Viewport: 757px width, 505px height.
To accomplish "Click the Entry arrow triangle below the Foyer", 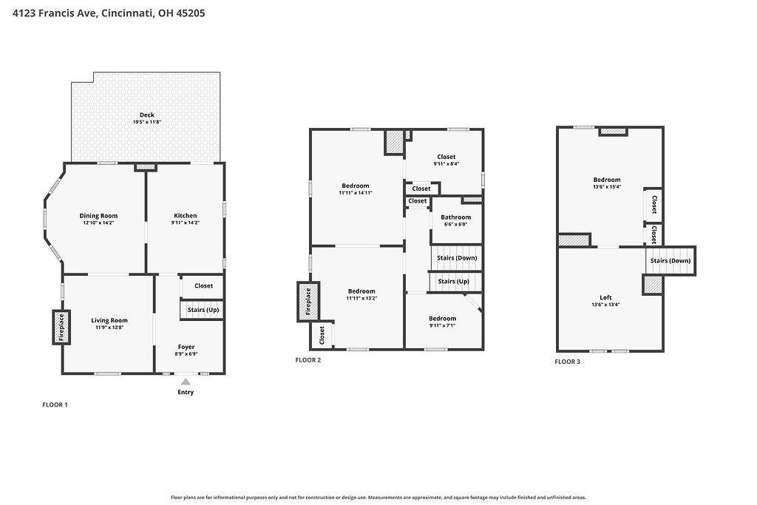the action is pos(186,382).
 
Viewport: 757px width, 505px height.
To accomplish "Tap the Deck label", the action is pos(147,115).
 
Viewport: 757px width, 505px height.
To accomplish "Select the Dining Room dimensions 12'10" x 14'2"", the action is pos(98,223).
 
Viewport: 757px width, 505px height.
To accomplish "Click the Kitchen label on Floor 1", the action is pos(186,216).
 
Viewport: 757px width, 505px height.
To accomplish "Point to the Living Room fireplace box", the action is pos(61,328).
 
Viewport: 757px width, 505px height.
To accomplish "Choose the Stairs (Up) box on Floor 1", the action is pos(203,310).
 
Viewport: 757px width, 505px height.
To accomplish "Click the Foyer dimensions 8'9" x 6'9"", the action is pos(186,354).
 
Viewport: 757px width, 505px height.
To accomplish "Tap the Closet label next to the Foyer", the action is pos(204,286).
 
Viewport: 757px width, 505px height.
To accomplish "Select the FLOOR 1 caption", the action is pos(55,404).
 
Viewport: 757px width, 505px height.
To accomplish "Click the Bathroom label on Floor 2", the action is pos(455,217).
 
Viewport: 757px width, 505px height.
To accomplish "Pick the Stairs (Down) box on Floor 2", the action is pos(456,258).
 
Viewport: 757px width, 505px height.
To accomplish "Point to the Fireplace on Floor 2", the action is pos(308,302).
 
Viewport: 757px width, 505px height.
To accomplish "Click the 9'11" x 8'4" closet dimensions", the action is pos(446,163).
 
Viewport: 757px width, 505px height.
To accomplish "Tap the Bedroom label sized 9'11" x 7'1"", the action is pos(442,319).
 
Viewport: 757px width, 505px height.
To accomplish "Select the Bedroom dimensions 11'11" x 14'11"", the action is pos(356,193).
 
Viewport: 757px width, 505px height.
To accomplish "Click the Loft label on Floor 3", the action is pos(606,298).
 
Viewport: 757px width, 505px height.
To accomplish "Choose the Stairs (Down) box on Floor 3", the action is pos(671,261).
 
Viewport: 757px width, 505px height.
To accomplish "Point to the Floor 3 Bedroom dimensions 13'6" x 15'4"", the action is pos(607,187).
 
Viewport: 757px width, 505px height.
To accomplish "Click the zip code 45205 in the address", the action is pos(191,13).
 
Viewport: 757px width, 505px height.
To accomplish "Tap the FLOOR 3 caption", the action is pos(567,362).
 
